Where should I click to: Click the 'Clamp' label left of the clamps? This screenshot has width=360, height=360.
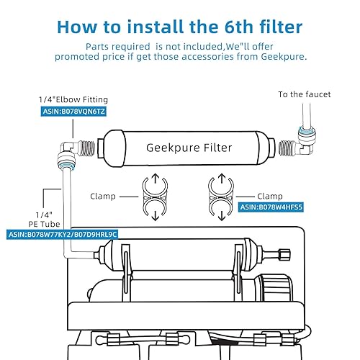(103, 194)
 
